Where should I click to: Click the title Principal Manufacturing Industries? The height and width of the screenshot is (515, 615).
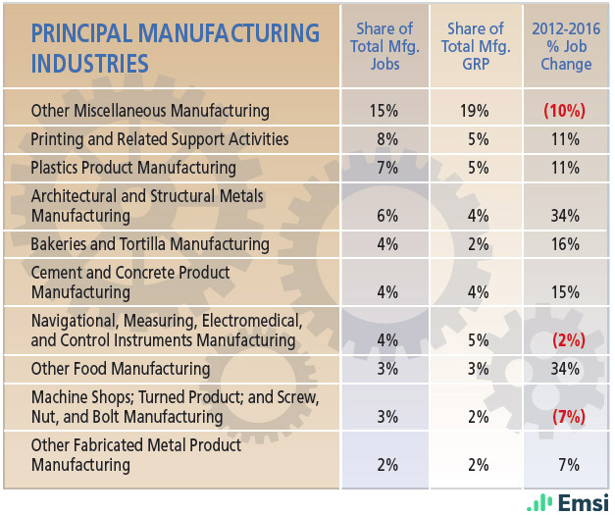[x=176, y=48]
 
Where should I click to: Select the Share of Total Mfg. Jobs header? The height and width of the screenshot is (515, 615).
[x=384, y=47]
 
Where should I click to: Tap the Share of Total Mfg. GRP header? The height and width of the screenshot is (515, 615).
[x=475, y=47]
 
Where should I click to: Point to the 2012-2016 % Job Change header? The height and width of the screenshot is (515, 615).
[x=565, y=47]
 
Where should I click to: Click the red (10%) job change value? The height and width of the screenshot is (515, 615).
[x=565, y=111]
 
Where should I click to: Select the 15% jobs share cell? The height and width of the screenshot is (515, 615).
[x=385, y=111]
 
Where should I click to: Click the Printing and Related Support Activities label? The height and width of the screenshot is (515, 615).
[x=160, y=139]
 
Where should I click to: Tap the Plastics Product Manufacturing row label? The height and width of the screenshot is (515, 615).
[x=133, y=168]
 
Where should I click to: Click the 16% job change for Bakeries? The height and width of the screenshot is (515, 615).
[x=565, y=243]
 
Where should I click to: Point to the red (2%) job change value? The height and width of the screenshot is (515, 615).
[x=565, y=340]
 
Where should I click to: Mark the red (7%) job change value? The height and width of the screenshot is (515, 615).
[x=565, y=417]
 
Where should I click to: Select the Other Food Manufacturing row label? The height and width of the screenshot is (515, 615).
[x=121, y=369]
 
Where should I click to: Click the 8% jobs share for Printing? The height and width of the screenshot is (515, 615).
[x=385, y=139]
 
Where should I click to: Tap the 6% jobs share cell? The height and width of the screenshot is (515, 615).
[x=385, y=216]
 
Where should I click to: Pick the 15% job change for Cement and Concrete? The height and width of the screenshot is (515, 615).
[x=565, y=292]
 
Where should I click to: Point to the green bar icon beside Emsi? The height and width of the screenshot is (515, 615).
[x=538, y=501]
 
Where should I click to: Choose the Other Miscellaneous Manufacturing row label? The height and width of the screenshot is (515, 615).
[x=150, y=111]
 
